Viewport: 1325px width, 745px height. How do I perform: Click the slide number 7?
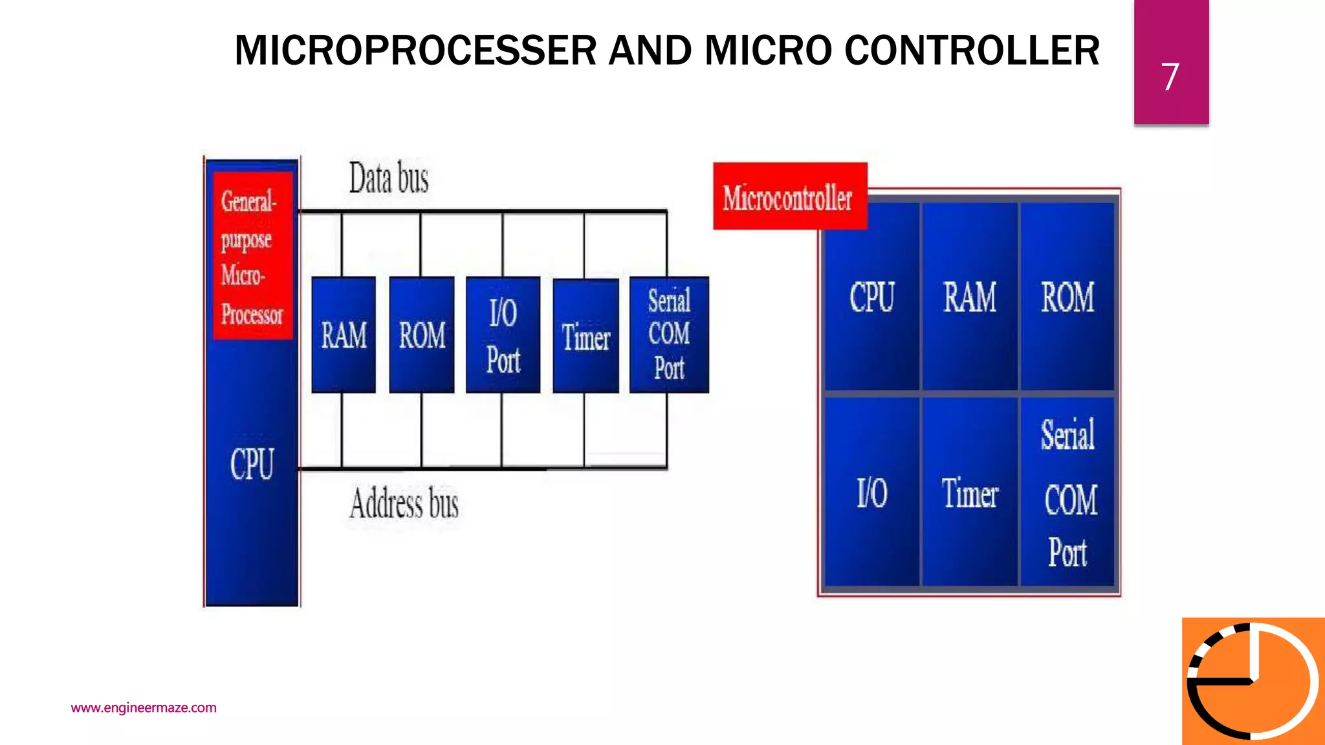tap(1170, 76)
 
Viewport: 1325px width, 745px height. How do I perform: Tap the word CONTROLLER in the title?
tap(972, 50)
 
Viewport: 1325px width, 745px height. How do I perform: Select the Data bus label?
tap(389, 178)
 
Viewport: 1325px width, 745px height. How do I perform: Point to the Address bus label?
tap(404, 504)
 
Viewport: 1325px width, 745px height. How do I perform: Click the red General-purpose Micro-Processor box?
tap(252, 256)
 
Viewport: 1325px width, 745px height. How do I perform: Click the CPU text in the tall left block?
tap(252, 464)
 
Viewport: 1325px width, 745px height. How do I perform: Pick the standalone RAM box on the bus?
tap(344, 335)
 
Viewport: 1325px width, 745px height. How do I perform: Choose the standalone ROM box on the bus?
tap(422, 335)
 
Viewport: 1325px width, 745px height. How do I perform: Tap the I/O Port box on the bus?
tap(503, 335)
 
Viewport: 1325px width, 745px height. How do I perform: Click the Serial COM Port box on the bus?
tap(669, 334)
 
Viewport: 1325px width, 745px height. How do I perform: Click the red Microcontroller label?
tap(789, 197)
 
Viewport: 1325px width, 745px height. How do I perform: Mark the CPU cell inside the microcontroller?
tap(871, 297)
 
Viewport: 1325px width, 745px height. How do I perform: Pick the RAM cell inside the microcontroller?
tap(969, 297)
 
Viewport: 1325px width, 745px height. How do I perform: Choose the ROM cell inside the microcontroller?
tap(1068, 297)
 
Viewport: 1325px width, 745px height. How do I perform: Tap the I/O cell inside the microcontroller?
tap(871, 493)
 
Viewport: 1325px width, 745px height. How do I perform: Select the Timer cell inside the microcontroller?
tap(969, 493)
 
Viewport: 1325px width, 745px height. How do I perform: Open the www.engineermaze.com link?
tap(144, 707)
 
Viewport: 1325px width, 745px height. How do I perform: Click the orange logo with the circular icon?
tap(1253, 681)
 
